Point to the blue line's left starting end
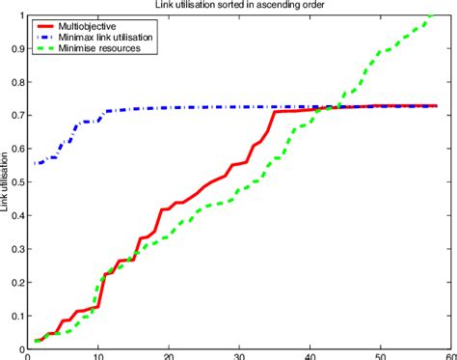click(35, 164)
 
